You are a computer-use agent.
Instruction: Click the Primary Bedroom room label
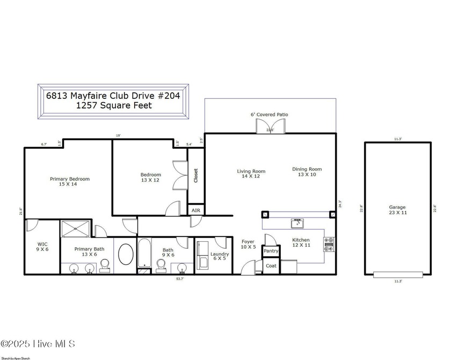click(x=70, y=182)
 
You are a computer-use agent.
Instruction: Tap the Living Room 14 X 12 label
click(x=251, y=174)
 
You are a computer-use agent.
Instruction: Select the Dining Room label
click(x=307, y=172)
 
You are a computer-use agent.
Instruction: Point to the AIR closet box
click(x=196, y=210)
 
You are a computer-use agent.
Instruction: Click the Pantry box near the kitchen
click(x=271, y=251)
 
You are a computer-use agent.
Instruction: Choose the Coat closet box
click(x=271, y=265)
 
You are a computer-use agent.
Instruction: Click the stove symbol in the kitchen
click(x=329, y=244)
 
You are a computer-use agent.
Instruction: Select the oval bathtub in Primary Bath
click(x=126, y=254)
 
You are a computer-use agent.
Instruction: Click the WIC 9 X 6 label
click(x=42, y=247)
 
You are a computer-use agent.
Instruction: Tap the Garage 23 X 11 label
click(x=397, y=210)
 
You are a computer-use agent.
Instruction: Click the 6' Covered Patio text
click(x=270, y=114)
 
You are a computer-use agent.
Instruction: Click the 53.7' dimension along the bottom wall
click(x=181, y=279)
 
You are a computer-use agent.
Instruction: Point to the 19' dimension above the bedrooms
click(x=118, y=136)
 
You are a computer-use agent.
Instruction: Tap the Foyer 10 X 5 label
click(x=248, y=244)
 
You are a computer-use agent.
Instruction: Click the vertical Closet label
click(x=195, y=176)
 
